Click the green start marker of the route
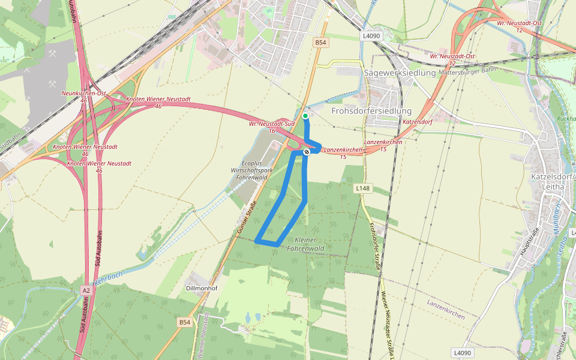305,116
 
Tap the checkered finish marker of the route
307,152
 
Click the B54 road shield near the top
322,43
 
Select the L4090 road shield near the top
371,36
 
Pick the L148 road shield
362,188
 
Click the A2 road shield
86,290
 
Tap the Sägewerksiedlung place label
400,73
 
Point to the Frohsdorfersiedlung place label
371,111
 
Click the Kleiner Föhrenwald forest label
305,244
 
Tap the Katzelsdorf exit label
418,122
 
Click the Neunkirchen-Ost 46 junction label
83,97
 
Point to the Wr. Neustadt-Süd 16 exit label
272,127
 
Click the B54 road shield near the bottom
185,322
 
